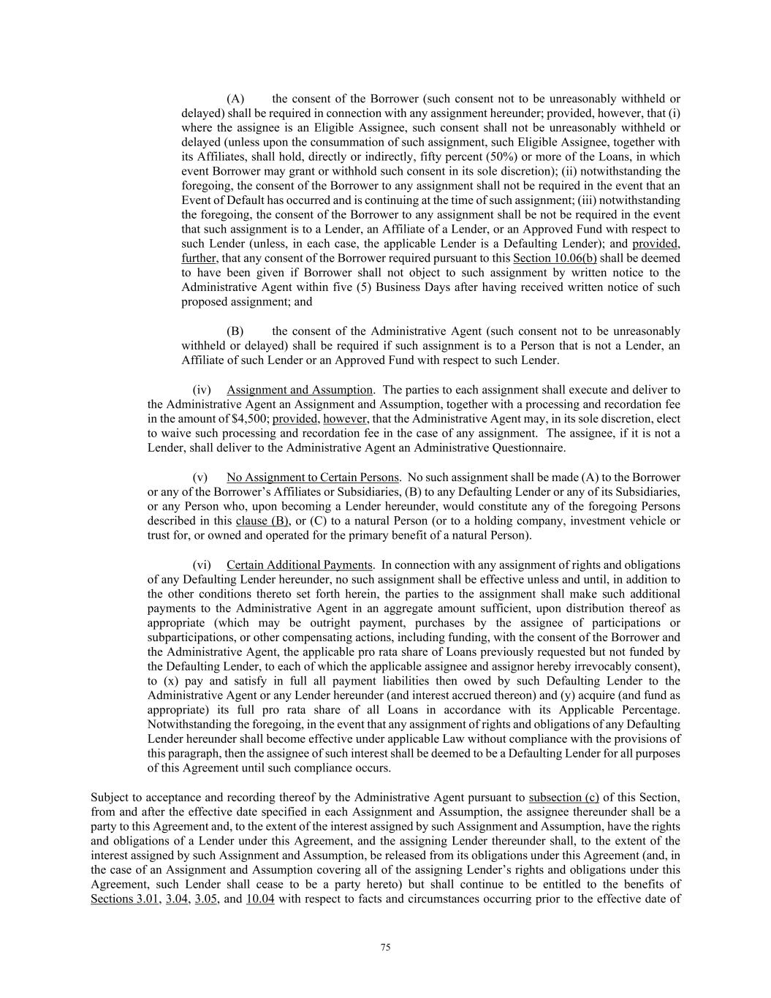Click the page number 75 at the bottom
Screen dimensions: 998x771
tap(385, 948)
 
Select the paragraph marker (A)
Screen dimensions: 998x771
tap(235, 99)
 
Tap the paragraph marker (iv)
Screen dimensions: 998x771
tap(202, 390)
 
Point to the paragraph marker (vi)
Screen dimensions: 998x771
tap(202, 565)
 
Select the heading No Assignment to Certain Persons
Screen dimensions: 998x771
tap(313, 477)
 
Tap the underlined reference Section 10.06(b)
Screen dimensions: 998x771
tap(555, 258)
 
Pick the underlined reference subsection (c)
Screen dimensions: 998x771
tap(563, 797)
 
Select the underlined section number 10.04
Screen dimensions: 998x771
tap(260, 899)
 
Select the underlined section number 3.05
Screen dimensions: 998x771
tap(206, 899)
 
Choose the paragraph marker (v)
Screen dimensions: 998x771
tap(202, 477)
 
